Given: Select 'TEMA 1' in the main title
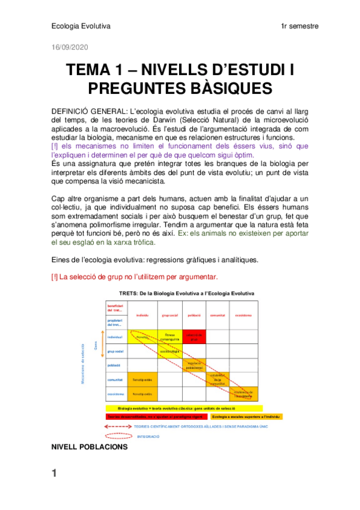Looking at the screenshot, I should [x=99, y=70].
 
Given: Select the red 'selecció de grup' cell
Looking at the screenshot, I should [x=195, y=337].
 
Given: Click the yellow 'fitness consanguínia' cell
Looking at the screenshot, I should [x=169, y=337].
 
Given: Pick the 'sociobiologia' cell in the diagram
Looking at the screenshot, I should [x=169, y=351].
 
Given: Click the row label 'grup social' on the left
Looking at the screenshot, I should [x=115, y=351].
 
